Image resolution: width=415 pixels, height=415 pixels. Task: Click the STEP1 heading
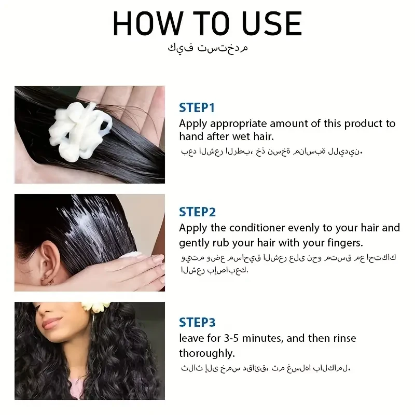click(x=197, y=108)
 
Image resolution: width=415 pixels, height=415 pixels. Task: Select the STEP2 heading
click(x=197, y=212)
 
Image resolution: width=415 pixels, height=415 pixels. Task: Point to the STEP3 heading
click(x=197, y=322)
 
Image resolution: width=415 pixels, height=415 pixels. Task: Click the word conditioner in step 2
click(x=253, y=228)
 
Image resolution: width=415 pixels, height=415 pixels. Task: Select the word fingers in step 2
click(x=341, y=242)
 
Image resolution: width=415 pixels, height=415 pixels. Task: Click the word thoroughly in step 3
click(x=206, y=353)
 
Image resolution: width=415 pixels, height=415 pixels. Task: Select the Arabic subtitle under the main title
click(x=208, y=49)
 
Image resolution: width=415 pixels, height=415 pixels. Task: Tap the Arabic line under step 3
click(x=265, y=368)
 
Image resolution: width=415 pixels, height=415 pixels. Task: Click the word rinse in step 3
click(x=341, y=338)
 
